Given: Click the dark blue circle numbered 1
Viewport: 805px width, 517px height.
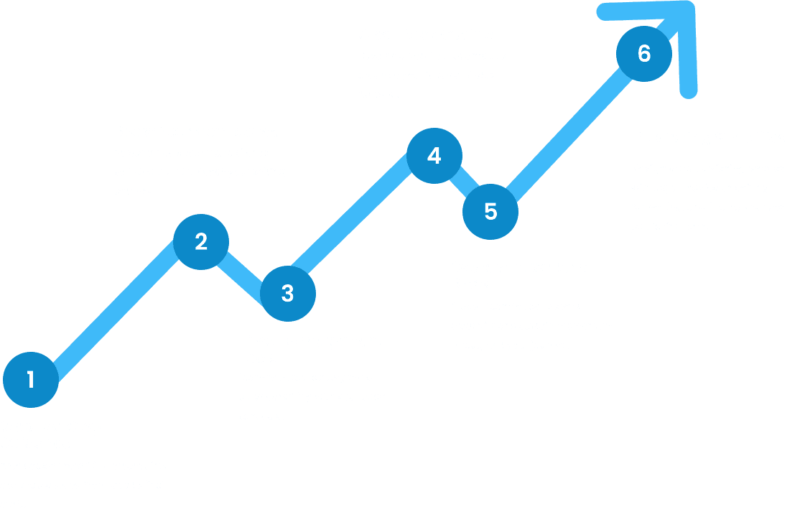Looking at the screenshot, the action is coord(31,380).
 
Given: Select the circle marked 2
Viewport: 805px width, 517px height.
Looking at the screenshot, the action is coord(201,242).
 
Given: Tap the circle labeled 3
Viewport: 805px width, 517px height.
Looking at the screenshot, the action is coord(288,294).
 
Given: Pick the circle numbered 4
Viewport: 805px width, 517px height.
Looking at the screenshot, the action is coord(434,156).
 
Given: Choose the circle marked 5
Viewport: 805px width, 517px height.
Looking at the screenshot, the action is coord(490,212).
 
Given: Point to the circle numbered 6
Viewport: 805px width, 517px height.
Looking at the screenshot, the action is coord(644,53).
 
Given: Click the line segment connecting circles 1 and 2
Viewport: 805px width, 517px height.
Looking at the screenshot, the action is coord(116,311).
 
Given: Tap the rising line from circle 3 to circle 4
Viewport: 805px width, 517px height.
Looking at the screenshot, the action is coord(351,213).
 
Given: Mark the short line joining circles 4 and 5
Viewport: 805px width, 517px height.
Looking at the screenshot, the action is coord(465,182).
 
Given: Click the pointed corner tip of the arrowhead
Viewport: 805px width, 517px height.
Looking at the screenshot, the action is coord(689,5).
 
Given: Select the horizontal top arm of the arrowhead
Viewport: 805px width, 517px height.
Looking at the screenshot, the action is coord(646,10).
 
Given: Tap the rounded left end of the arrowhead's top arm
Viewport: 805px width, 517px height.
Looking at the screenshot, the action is coord(602,11).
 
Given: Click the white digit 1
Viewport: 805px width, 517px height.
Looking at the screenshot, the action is coord(31,379).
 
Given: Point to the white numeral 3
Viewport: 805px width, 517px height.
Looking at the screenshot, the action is coord(287,293).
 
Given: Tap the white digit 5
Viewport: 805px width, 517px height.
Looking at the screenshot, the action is coord(490,211).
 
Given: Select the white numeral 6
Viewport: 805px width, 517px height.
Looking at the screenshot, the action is coord(644,53).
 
